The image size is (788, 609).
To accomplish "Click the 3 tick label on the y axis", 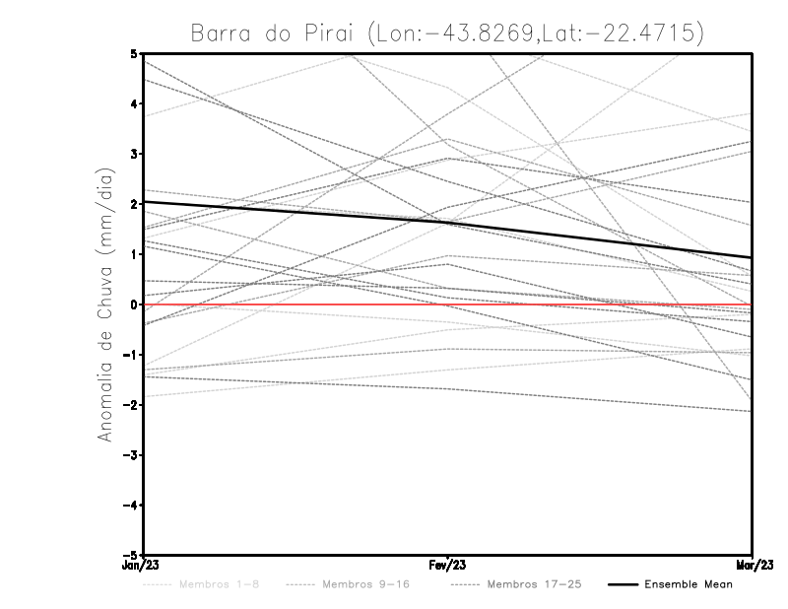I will (x=133, y=154).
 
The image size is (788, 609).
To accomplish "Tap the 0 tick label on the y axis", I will (x=133, y=304).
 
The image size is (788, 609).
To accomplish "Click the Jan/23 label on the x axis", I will (x=142, y=567).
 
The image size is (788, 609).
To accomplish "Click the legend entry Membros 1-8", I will (x=208, y=585).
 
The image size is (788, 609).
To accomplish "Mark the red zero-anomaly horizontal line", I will (x=591, y=304).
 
